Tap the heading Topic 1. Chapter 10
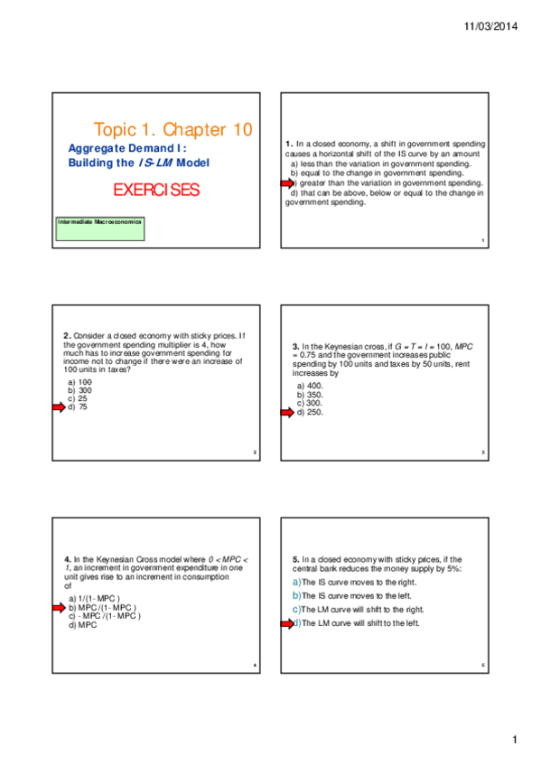tap(173, 130)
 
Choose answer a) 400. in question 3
tap(310, 386)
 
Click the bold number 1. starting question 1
tap(289, 144)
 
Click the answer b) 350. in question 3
tap(310, 395)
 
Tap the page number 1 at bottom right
tap(515, 742)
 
